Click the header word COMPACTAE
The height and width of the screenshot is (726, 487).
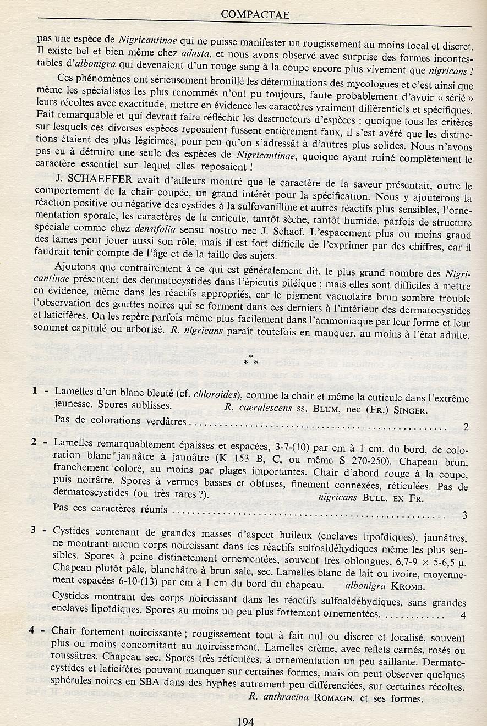(x=254, y=15)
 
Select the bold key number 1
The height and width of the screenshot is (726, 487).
(x=34, y=391)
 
